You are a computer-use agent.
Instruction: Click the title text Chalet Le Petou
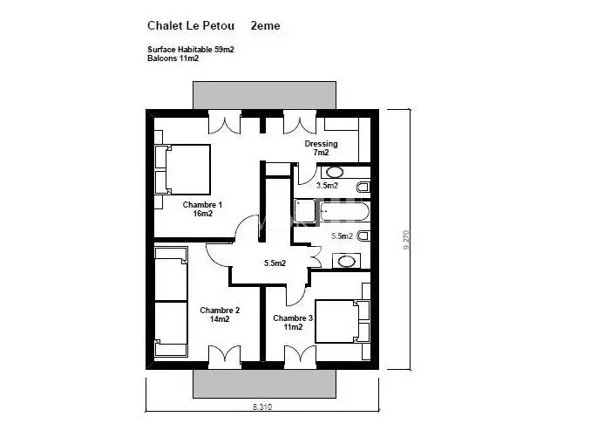click(191, 26)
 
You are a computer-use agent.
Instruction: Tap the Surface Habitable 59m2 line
click(191, 50)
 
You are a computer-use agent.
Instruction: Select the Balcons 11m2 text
click(173, 58)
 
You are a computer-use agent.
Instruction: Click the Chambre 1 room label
click(202, 208)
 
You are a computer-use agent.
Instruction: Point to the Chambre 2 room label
click(220, 315)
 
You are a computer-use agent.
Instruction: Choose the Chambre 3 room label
click(293, 323)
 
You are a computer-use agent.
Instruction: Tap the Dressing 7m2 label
click(321, 148)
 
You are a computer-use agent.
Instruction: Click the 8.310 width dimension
click(262, 406)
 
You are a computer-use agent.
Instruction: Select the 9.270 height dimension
click(406, 240)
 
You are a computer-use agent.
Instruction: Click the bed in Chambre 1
click(182, 169)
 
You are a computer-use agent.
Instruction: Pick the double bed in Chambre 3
click(343, 321)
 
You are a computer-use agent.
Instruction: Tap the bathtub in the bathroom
click(344, 212)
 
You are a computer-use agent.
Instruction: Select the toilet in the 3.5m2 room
click(363, 187)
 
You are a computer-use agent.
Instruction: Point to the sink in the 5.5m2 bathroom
click(346, 261)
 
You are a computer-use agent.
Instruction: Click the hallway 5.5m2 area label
click(275, 263)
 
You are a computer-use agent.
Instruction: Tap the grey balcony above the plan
click(264, 95)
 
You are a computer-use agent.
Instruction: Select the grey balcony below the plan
click(264, 384)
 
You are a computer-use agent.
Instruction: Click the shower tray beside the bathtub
click(305, 211)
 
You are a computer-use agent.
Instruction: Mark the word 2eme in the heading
click(266, 26)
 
